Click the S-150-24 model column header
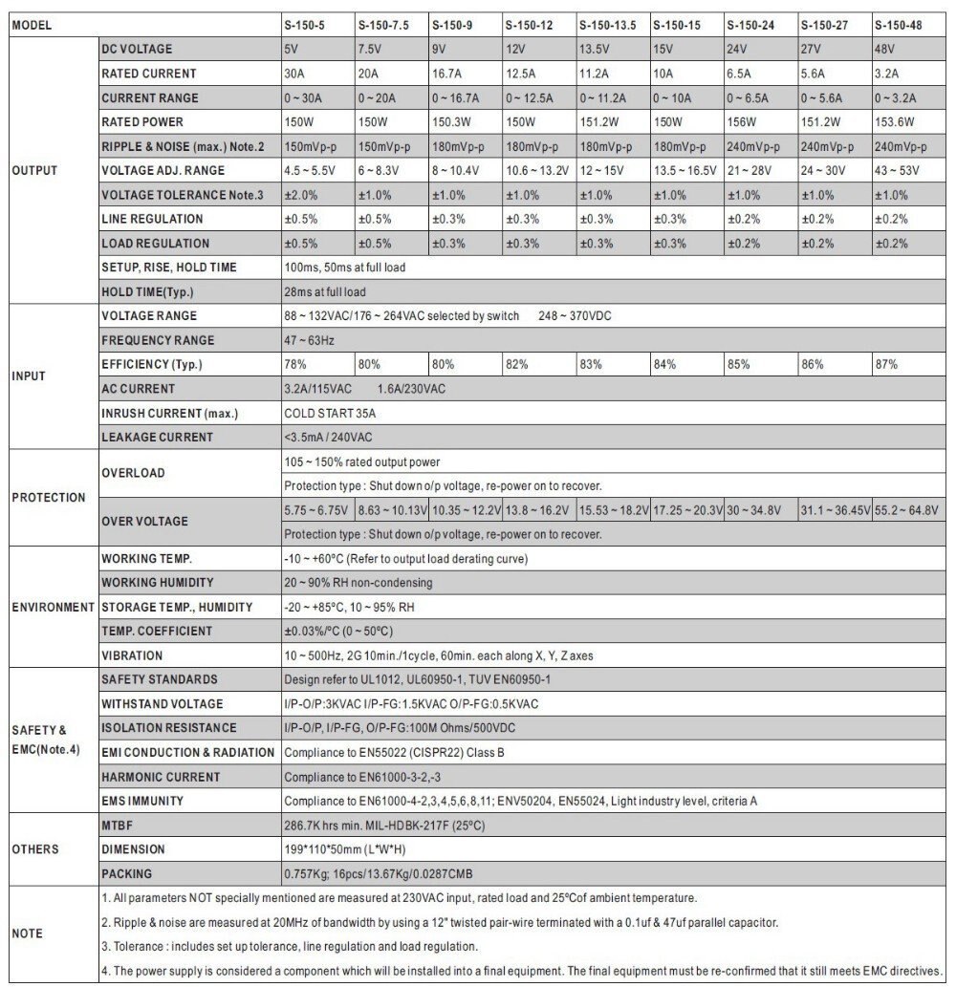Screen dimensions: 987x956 tap(750, 24)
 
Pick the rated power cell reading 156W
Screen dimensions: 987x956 tap(740, 122)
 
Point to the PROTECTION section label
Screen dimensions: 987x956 tap(49, 498)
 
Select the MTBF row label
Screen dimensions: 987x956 tap(119, 825)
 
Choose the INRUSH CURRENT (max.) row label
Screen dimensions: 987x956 tap(170, 414)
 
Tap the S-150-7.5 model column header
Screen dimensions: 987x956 tap(383, 24)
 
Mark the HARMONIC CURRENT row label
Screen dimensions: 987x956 tap(161, 777)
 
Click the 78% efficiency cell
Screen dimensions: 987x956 tap(295, 365)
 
